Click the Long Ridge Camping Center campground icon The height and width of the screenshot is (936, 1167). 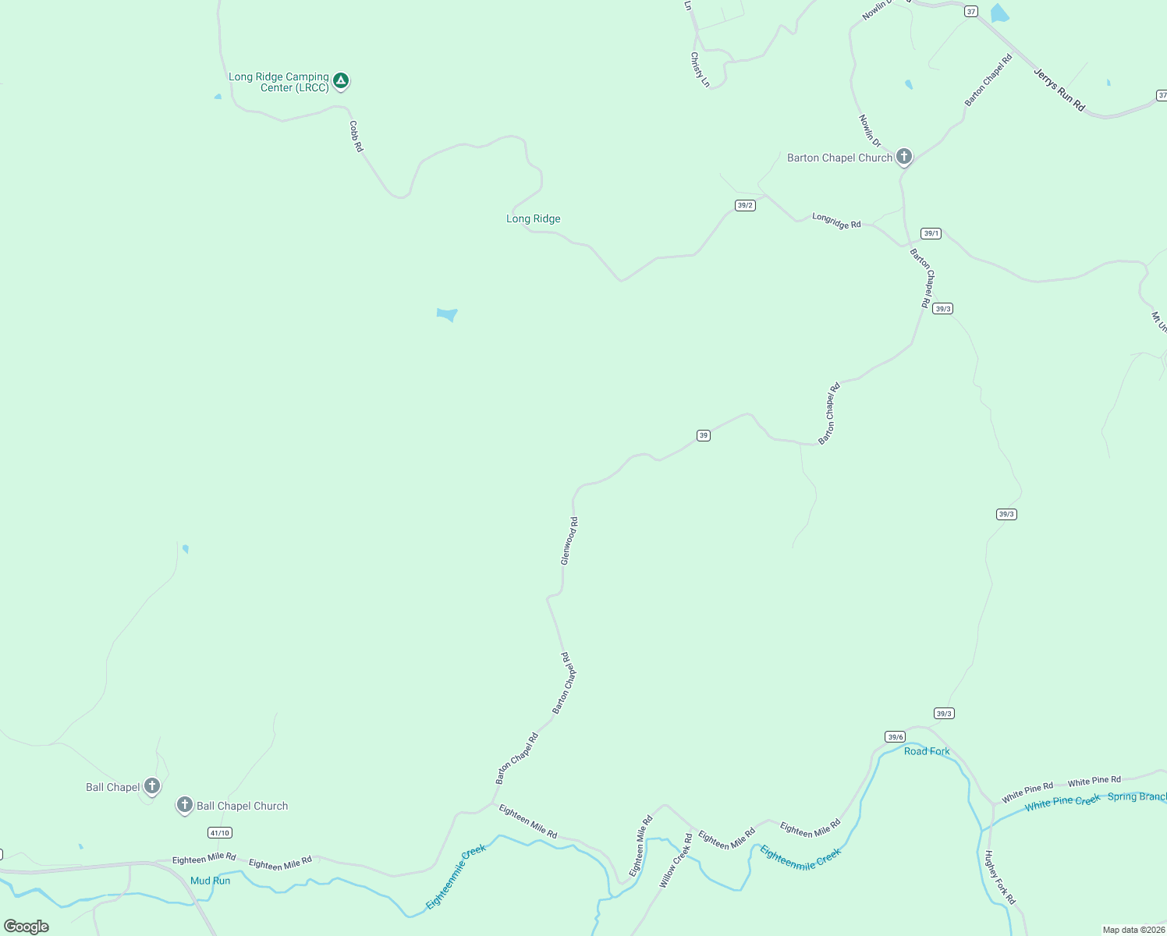click(x=340, y=80)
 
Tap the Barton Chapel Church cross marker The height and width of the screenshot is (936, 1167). click(x=903, y=157)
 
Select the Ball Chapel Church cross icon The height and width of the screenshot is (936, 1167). click(x=184, y=805)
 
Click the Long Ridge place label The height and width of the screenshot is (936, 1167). click(x=533, y=219)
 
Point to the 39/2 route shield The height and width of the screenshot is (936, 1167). click(x=745, y=205)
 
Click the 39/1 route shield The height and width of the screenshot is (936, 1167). click(x=931, y=233)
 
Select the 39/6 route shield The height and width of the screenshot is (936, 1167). click(x=895, y=737)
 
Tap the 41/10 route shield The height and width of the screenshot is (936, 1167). click(x=220, y=833)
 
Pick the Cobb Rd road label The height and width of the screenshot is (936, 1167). click(x=356, y=136)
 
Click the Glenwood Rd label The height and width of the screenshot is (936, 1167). click(x=569, y=541)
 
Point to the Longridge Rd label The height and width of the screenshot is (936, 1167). click(x=836, y=221)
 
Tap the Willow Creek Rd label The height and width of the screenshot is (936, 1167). click(x=676, y=860)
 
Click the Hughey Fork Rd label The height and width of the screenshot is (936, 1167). click(x=1000, y=877)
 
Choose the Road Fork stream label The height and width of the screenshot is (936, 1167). click(x=927, y=751)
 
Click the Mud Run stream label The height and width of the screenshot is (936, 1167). click(x=211, y=881)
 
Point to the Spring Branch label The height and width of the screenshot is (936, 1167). click(x=1137, y=797)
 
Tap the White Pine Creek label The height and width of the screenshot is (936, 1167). click(x=1062, y=803)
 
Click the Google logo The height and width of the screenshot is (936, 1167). click(x=27, y=926)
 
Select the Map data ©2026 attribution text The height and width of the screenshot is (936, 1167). click(x=1133, y=930)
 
